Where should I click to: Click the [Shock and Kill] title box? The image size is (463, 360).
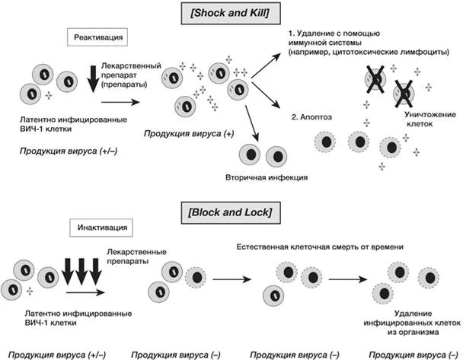point(231,13)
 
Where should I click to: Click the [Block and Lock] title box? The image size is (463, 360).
point(231,213)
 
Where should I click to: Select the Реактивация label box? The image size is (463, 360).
point(97,37)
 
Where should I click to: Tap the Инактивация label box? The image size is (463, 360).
point(101,228)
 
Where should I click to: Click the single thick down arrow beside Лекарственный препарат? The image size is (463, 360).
point(94,79)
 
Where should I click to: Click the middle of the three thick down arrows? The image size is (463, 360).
point(81,272)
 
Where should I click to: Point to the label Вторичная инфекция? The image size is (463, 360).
point(267,177)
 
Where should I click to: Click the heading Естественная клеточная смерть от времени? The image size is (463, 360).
point(320,247)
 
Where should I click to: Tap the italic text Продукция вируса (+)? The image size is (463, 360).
point(189,134)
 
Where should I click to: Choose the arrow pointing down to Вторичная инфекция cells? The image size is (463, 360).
point(251,123)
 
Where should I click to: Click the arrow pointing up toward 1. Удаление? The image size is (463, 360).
point(266,66)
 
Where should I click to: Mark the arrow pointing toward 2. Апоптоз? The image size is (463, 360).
point(265,95)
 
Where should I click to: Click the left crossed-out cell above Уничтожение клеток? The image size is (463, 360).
point(375,79)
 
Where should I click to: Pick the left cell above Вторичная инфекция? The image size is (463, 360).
point(250,155)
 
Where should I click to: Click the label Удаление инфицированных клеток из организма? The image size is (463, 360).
point(412,323)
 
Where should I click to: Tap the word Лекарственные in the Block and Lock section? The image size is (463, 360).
point(137,252)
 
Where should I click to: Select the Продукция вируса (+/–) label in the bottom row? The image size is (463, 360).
point(57,355)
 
